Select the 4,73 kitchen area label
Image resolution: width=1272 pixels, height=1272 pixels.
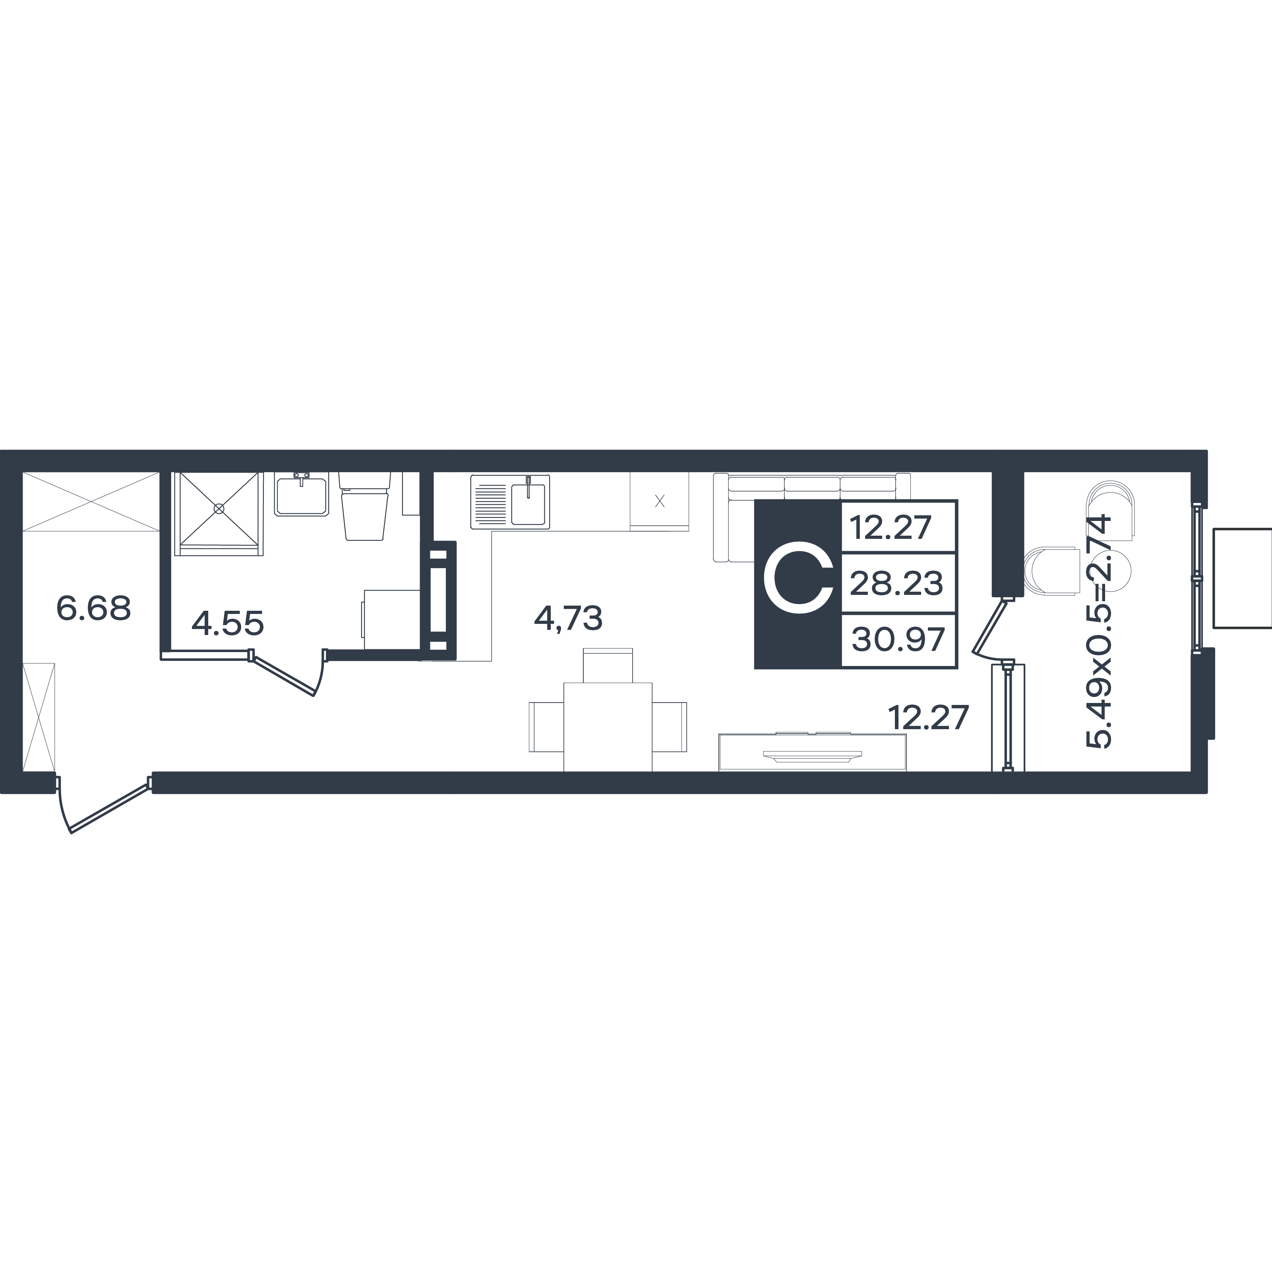tap(568, 619)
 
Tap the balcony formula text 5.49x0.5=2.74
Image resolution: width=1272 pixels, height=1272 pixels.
tap(1098, 631)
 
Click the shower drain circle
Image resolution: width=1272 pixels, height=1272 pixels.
tap(219, 509)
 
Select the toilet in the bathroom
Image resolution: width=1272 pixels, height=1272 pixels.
tap(364, 505)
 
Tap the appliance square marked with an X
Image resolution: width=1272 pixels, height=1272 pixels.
tap(659, 501)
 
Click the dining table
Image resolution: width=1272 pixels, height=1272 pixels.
tap(608, 727)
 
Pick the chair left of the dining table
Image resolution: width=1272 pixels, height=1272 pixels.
tap(546, 727)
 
